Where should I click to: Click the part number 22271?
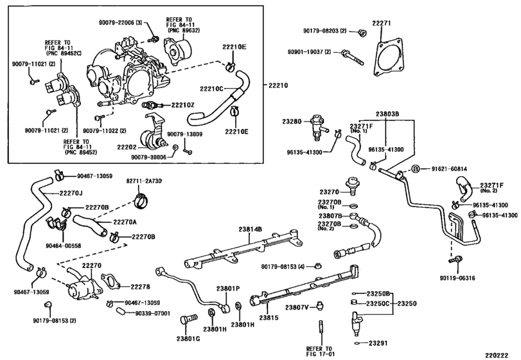click(x=382, y=23)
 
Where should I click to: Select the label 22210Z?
click(x=182, y=105)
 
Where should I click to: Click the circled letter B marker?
click(x=416, y=169)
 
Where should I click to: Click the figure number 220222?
click(x=497, y=355)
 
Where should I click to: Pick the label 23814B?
click(x=250, y=229)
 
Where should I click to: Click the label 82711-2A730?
click(x=144, y=181)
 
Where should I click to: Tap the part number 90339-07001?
click(x=152, y=313)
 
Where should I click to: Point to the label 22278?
click(x=140, y=287)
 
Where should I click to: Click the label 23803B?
click(x=387, y=114)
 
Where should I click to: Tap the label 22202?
click(x=127, y=147)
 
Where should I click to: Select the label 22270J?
click(x=71, y=192)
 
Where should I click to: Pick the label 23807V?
click(x=297, y=307)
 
